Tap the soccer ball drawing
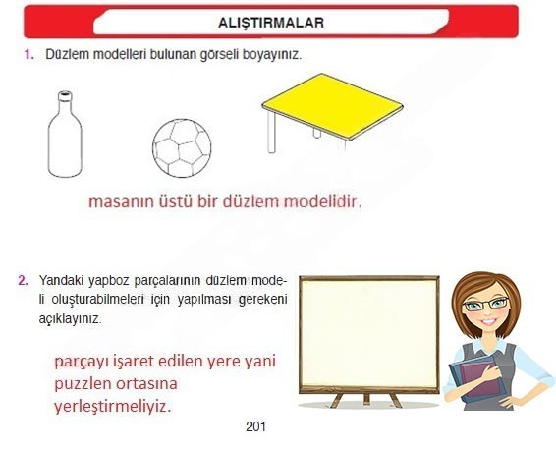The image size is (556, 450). [182, 146]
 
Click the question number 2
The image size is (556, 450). [23, 280]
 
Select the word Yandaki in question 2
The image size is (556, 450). [58, 280]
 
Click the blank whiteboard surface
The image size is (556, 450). [368, 335]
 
